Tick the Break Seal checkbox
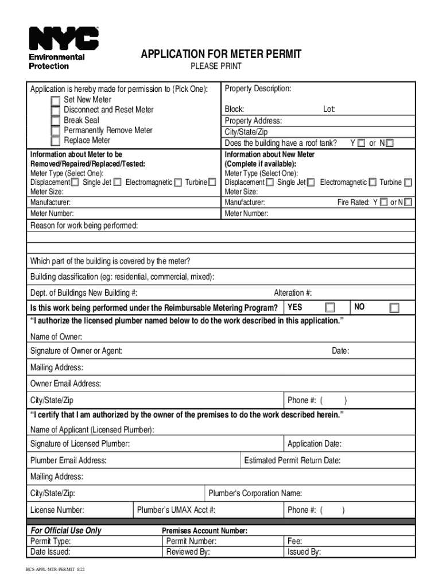point(55,121)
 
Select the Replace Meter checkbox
point(55,141)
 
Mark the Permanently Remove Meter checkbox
point(55,131)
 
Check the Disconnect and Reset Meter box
point(55,110)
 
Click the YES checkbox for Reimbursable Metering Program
point(330,308)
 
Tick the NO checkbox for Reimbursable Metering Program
point(394,308)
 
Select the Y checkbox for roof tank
point(361,143)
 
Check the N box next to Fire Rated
point(408,203)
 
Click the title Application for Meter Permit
point(221,55)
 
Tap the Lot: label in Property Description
point(329,109)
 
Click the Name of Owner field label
point(56,336)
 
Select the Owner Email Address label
point(65,384)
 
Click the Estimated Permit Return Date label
point(292,461)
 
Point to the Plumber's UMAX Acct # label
point(176,510)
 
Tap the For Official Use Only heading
point(66,531)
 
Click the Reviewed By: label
point(188,552)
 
